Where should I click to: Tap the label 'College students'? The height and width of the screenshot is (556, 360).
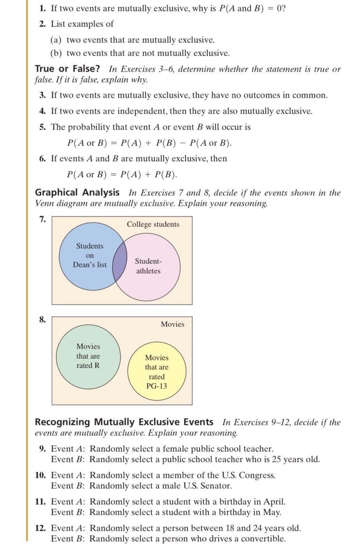point(153,224)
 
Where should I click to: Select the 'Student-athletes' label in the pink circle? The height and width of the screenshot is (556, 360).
point(148,266)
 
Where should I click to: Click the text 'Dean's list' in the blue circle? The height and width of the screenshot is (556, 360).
point(90,265)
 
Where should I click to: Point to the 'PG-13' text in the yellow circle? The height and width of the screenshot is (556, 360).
point(157,386)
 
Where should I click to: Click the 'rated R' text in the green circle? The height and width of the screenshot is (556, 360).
point(88,365)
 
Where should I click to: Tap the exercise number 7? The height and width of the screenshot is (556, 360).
point(42,219)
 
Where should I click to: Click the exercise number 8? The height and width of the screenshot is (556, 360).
point(42,319)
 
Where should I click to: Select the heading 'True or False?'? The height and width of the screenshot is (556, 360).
point(67,69)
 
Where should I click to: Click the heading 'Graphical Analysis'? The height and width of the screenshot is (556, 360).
point(77,192)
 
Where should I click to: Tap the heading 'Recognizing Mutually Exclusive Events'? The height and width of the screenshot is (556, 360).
point(124,422)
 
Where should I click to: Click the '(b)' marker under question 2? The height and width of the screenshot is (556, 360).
point(57,53)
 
